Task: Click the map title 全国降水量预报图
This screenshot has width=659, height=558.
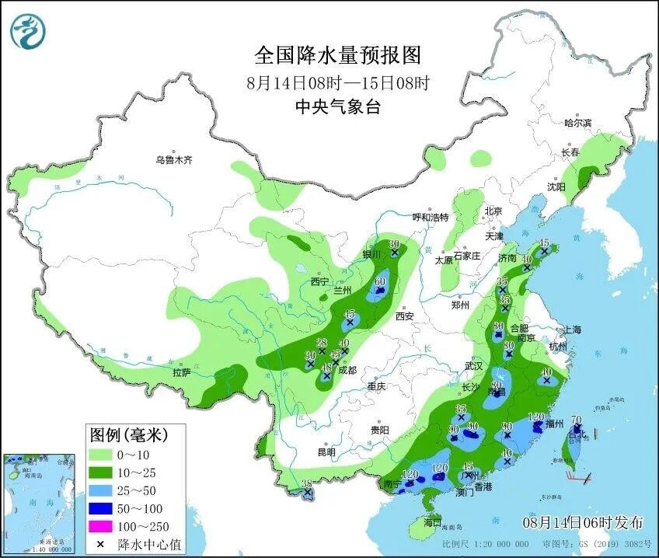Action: tap(337, 55)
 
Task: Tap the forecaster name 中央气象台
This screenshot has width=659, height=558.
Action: tap(337, 107)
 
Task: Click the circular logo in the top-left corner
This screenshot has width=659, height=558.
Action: tap(29, 32)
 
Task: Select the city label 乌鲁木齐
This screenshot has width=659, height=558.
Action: tap(173, 160)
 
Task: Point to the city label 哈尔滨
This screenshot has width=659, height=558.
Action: tap(577, 123)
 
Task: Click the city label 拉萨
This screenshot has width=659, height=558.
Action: tap(182, 373)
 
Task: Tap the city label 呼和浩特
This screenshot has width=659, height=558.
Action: tap(431, 217)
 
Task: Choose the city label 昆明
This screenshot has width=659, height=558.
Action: tap(326, 452)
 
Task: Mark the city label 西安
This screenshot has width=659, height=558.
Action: tap(405, 316)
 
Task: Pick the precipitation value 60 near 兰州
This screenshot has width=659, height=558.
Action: tap(381, 282)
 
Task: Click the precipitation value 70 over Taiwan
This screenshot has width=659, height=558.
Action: tap(576, 420)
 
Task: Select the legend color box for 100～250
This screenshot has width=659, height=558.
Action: tap(101, 527)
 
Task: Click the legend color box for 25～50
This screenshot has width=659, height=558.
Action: tap(101, 490)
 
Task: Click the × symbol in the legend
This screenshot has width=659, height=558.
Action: tap(101, 544)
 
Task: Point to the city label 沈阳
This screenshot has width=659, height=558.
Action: tap(556, 187)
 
